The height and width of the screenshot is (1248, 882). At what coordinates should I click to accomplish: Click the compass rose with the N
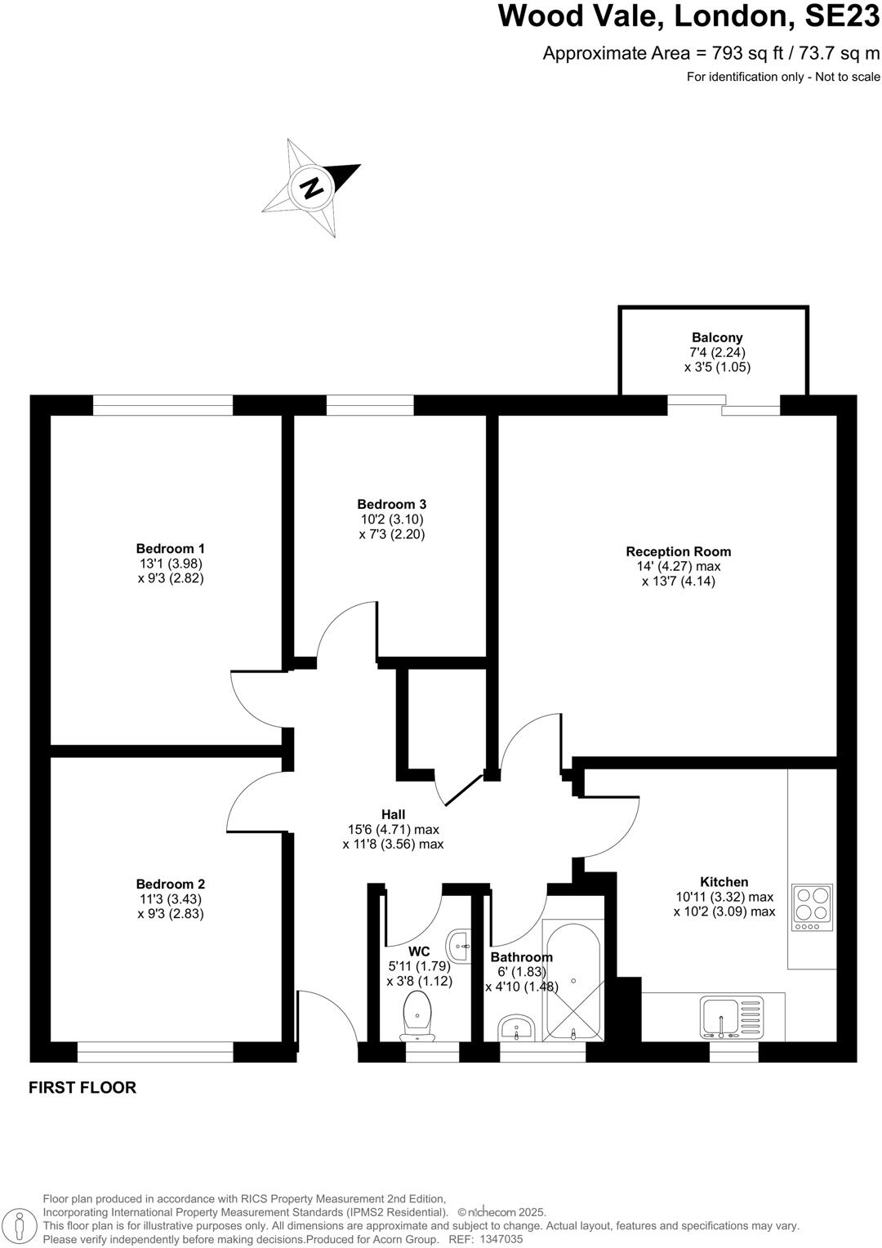(311, 188)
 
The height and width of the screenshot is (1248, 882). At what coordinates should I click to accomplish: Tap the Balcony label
(717, 337)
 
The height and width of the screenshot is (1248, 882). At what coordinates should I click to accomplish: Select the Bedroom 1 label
(171, 548)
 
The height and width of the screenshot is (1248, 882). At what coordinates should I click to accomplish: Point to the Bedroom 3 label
(392, 504)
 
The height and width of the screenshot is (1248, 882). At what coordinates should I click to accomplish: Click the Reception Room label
(678, 551)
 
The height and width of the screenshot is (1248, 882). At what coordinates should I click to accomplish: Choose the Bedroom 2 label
(171, 884)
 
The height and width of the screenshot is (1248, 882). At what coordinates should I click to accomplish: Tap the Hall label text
(393, 814)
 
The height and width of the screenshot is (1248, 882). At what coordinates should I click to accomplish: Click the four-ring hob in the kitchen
(812, 907)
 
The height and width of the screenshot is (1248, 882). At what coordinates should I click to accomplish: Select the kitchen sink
(723, 1017)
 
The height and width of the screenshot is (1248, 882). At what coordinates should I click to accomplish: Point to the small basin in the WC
(460, 945)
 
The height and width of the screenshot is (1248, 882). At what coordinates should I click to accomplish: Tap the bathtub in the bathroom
(572, 980)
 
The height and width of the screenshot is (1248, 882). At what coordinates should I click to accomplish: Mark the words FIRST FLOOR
(82, 1088)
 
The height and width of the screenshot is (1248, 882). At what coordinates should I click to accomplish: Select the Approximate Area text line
(711, 54)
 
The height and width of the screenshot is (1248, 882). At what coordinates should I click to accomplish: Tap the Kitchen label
(724, 881)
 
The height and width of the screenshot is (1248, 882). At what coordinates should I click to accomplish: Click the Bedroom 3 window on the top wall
(370, 405)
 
